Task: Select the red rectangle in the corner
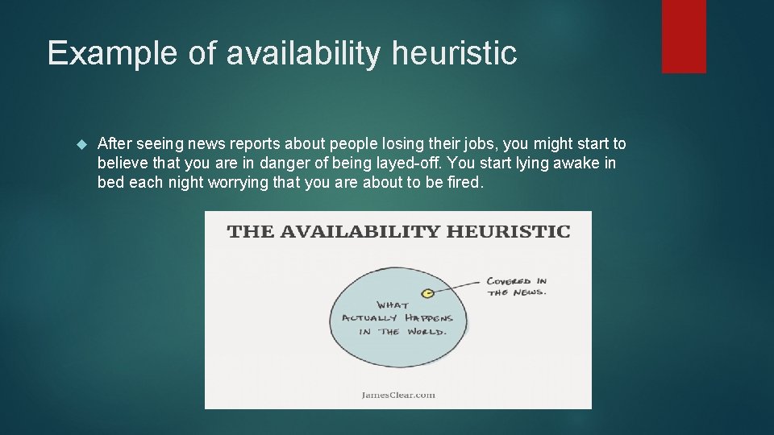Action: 684,36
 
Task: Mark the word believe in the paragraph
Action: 123,164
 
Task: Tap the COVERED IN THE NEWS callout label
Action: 516,287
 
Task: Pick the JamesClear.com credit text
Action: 397,395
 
